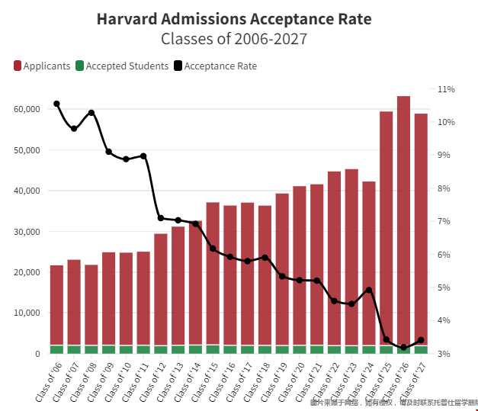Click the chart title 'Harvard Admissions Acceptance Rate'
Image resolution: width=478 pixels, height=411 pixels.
pos(239,19)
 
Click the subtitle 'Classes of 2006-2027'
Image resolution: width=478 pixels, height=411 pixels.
pos(239,38)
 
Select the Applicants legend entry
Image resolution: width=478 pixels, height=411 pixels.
pos(42,66)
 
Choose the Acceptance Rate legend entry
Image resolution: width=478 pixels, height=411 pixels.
pos(215,66)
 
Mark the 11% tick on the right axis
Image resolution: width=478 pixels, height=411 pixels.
pos(445,89)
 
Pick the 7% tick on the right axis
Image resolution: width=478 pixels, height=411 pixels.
pos(445,221)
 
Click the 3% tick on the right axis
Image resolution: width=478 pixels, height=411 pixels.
pos(445,354)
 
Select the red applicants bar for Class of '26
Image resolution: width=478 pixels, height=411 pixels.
pos(403,221)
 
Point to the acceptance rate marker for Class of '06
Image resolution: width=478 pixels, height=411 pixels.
pos(56,104)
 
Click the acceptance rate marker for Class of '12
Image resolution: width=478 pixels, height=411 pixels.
pos(161,218)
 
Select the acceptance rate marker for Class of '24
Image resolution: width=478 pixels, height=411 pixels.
pos(369,290)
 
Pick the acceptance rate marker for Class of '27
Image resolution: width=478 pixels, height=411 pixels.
pos(421,340)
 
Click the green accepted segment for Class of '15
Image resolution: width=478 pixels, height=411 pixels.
pos(213,349)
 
